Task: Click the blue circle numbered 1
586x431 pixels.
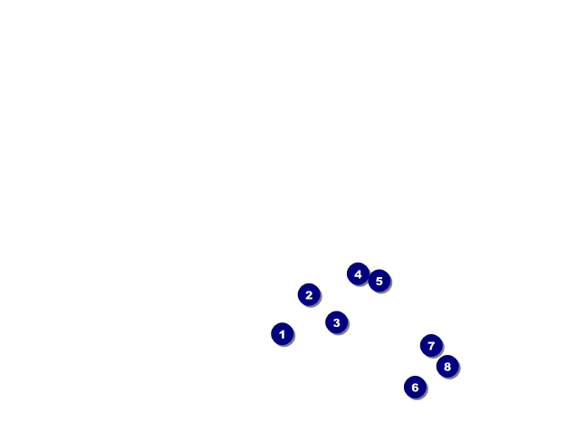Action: (283, 333)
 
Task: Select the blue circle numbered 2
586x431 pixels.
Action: (309, 294)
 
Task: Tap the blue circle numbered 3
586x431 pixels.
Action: (337, 322)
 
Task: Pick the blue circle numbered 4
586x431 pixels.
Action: (358, 273)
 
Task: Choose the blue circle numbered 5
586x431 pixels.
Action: (379, 281)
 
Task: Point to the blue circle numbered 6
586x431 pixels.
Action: (415, 388)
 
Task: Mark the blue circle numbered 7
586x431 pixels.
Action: (431, 346)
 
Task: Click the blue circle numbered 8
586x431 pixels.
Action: (447, 367)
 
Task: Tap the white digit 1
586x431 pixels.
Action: (283, 334)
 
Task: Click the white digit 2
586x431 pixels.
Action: (309, 295)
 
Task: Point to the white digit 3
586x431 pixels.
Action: (337, 323)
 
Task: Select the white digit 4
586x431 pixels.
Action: (358, 274)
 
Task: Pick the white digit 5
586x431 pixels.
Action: (379, 282)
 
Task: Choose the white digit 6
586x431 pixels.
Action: (415, 388)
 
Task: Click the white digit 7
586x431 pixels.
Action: (431, 346)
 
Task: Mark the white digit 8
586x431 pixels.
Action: (447, 367)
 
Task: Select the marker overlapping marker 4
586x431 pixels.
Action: (379, 281)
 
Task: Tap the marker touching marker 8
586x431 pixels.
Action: (431, 346)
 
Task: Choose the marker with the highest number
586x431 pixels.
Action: (447, 367)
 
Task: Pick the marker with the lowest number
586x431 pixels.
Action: (283, 333)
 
